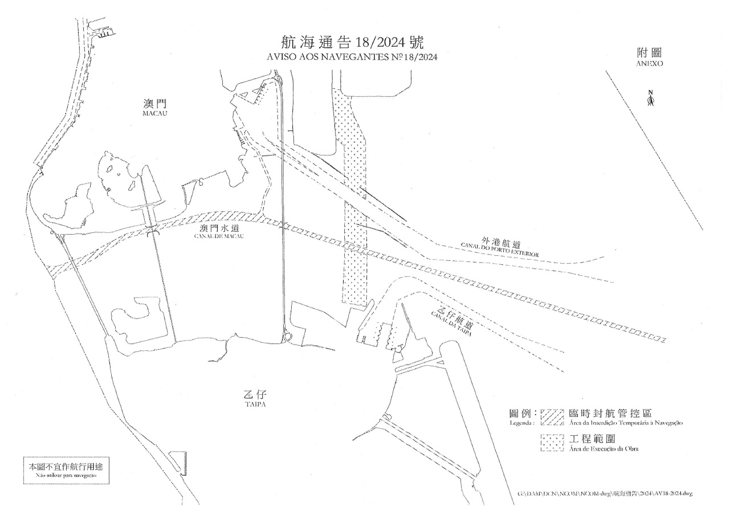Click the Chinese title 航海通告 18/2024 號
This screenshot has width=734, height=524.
(x=353, y=43)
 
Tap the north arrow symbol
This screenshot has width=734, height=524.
(x=651, y=99)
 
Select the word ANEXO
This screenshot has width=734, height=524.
(x=650, y=64)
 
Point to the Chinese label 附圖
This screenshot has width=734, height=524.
(x=650, y=53)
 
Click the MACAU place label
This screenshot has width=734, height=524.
(x=154, y=114)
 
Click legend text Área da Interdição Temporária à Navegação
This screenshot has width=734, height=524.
(x=626, y=423)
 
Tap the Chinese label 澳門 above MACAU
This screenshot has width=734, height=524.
(x=154, y=104)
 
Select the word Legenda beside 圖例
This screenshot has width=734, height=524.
(x=523, y=424)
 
